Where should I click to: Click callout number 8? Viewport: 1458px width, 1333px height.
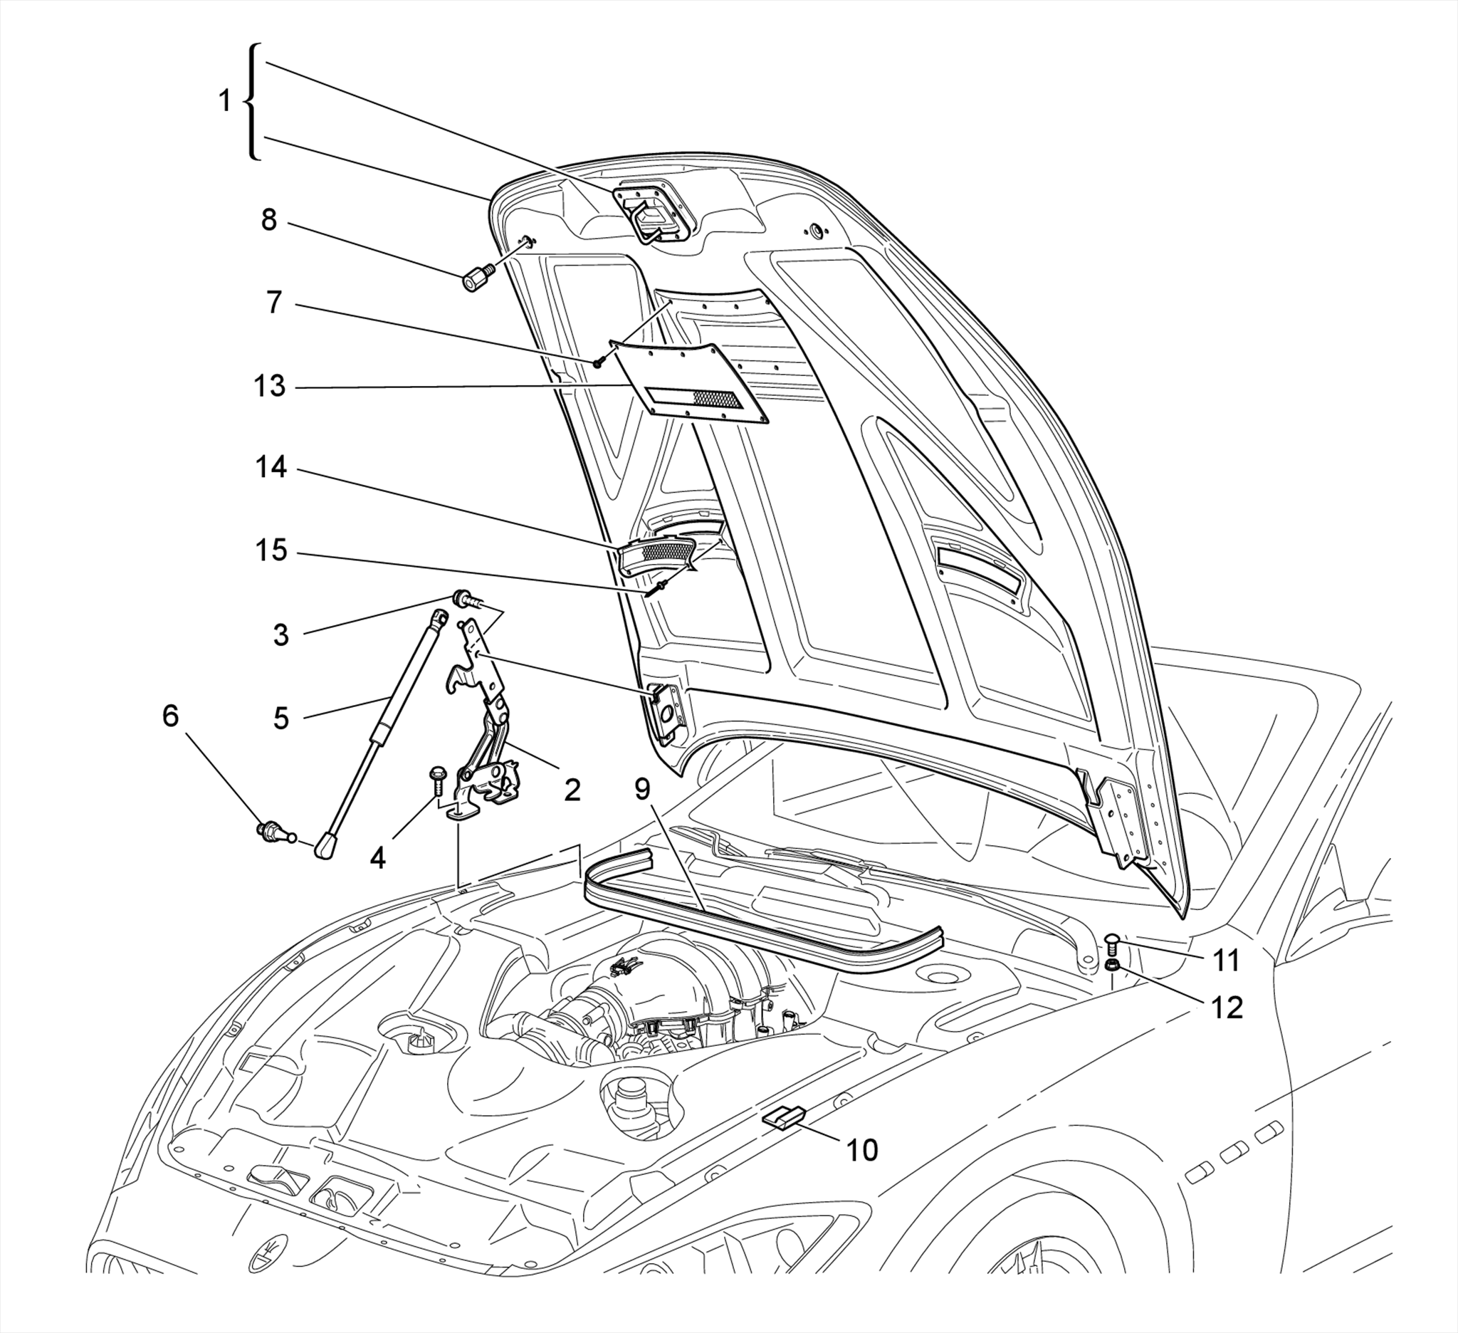click(x=268, y=220)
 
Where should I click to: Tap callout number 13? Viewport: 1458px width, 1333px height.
click(x=270, y=386)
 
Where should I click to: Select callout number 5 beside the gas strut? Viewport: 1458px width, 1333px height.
click(x=280, y=718)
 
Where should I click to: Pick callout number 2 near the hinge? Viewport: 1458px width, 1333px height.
click(x=572, y=790)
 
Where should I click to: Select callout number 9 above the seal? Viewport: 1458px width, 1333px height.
click(x=643, y=790)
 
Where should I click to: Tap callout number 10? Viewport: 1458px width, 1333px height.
click(x=862, y=1149)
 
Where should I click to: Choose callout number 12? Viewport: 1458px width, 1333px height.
click(x=1227, y=1007)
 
